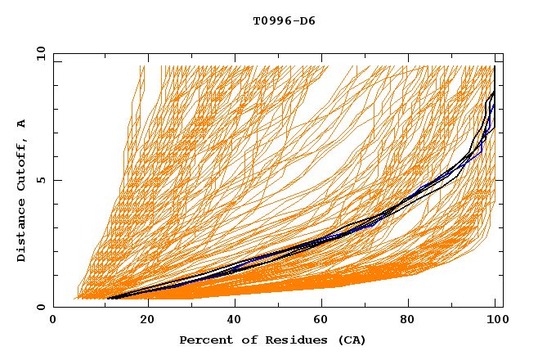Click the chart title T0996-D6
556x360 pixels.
pyautogui.click(x=284, y=20)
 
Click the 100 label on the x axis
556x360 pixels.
pyautogui.click(x=496, y=320)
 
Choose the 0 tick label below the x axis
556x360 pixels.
pyautogui.click(x=53, y=320)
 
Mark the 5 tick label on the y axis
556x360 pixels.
pyautogui.click(x=40, y=180)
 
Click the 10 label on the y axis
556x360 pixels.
pyautogui.click(x=37, y=53)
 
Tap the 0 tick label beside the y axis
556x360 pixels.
pyautogui.click(x=40, y=307)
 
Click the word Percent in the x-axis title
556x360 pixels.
pyautogui.click(x=203, y=340)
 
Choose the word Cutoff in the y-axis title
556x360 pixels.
pyautogui.click(x=21, y=164)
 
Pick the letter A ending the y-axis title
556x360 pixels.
pyautogui.click(x=21, y=124)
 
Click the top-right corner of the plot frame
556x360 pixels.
pyautogui.click(x=503, y=53)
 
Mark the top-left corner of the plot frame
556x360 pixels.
pyautogui.click(x=53, y=53)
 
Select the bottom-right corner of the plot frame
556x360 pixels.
pyautogui.click(x=503, y=307)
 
